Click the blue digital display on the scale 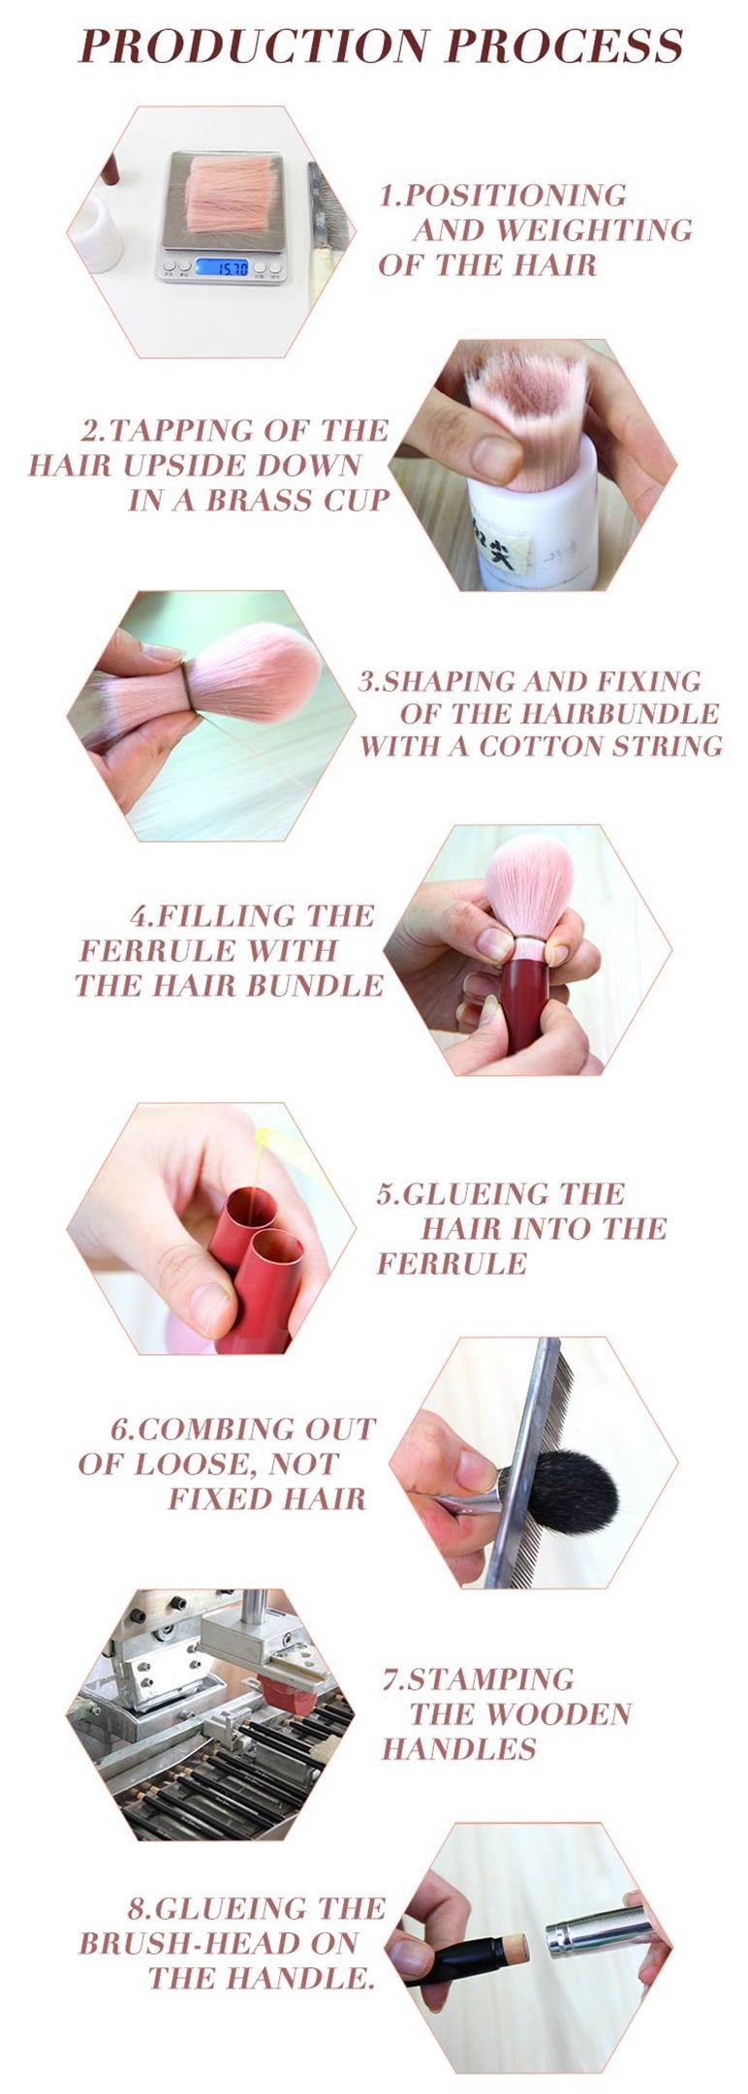pyautogui.click(x=222, y=266)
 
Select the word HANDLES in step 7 pyautogui.click(x=458, y=1748)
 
